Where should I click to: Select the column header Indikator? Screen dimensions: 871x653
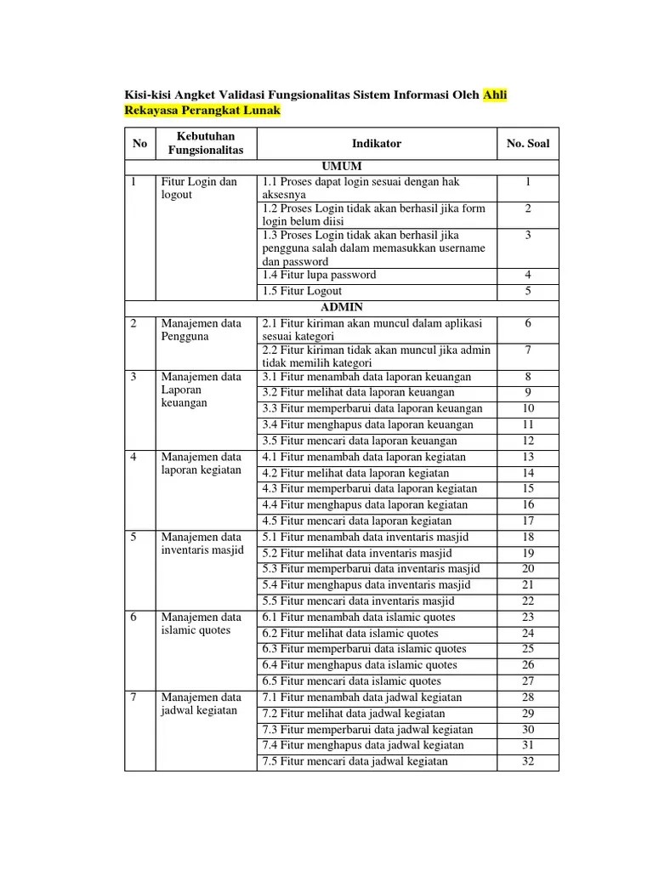coord(376,144)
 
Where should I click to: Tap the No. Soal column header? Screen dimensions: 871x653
coord(528,144)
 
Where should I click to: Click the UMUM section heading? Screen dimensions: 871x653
coord(341,166)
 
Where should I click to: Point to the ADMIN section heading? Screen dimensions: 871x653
coord(341,307)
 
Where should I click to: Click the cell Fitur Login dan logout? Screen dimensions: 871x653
coord(199,188)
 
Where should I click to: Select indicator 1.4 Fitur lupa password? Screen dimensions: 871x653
coord(319,275)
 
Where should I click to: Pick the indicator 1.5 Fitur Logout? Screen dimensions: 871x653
coord(302,291)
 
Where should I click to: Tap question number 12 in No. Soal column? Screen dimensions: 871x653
coord(528,441)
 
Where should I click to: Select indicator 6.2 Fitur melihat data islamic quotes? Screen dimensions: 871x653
coord(350,633)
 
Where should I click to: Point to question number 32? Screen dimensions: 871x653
coord(528,761)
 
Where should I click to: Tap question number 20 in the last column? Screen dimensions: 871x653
coord(528,569)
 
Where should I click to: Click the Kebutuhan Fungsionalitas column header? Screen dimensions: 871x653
coord(205,144)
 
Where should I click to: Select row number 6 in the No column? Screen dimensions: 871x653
coord(133,618)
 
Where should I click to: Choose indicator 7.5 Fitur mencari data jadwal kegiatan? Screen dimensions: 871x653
coord(355,761)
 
